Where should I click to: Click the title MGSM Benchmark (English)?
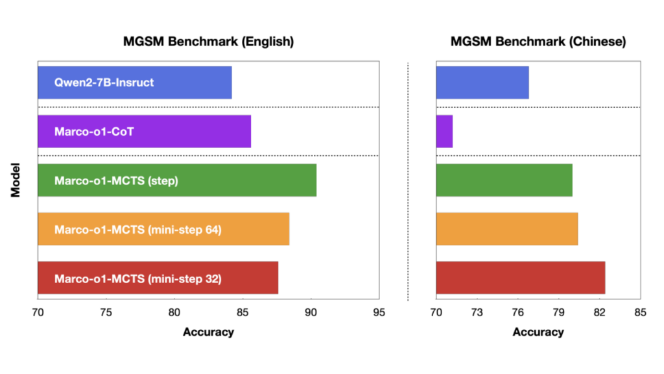209,42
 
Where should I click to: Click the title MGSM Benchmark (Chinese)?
538,42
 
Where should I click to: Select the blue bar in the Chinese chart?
482,82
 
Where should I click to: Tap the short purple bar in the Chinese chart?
444,131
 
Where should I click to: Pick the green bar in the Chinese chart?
504,180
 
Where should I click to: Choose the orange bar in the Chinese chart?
506,229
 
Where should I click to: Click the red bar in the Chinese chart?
520,278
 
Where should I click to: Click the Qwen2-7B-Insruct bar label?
104,82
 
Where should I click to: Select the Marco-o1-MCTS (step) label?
116,180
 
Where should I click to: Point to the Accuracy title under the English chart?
208,332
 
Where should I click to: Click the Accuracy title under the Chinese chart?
538,332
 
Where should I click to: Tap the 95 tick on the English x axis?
379,313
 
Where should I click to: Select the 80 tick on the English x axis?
174,313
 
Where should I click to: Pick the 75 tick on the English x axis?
106,313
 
